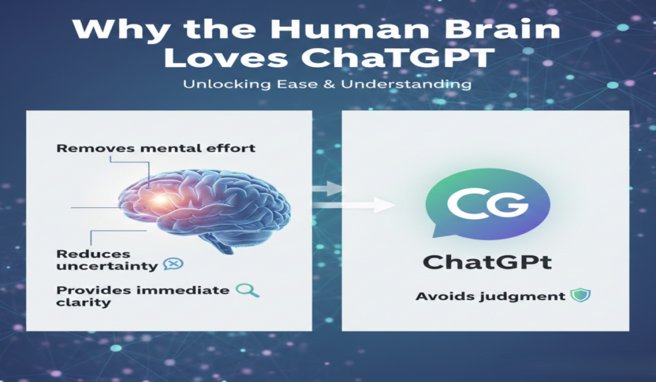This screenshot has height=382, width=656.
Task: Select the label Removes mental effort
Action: [156, 148]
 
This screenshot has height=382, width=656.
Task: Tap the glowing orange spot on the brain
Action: [158, 201]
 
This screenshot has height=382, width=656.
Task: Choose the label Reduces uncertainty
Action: [106, 260]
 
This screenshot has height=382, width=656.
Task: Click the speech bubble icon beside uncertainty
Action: [172, 264]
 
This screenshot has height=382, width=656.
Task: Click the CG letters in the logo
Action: [488, 205]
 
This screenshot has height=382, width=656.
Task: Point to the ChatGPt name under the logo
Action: [488, 262]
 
